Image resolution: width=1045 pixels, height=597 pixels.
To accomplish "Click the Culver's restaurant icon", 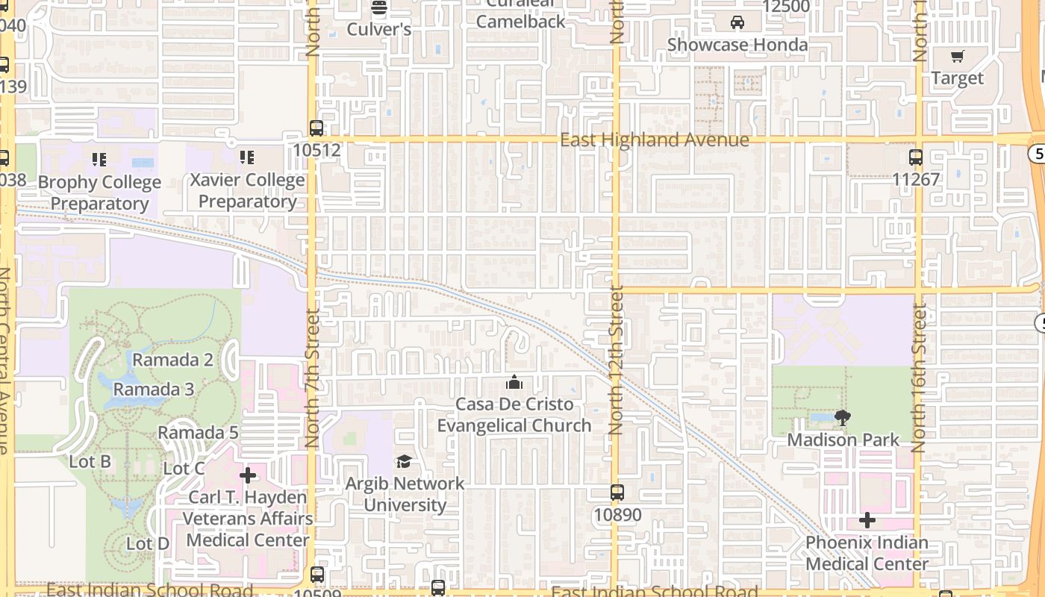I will click(x=379, y=7).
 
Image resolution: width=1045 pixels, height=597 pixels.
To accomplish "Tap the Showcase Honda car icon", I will click(x=737, y=22).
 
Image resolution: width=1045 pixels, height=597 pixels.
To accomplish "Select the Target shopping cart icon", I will click(x=958, y=56).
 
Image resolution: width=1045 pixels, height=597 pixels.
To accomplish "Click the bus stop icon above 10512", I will click(x=316, y=128).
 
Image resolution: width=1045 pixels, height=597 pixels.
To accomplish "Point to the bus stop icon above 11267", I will click(x=916, y=157).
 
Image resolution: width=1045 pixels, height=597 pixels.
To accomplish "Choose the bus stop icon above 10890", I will click(x=617, y=493).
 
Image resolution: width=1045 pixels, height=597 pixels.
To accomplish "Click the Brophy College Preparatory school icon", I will click(x=99, y=159).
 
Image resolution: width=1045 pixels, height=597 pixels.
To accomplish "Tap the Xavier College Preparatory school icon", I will click(x=247, y=157).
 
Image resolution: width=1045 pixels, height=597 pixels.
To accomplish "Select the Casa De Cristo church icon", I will click(x=514, y=383).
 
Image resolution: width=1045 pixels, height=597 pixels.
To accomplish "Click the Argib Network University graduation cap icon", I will click(x=404, y=461).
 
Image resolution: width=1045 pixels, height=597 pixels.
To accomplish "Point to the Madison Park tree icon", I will click(x=843, y=418).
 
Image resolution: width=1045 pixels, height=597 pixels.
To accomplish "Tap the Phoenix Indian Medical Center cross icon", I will click(x=867, y=520).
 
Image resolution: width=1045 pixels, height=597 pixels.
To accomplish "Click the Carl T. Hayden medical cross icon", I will click(x=248, y=475).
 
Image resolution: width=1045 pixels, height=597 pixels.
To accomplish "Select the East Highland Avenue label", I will click(x=655, y=140).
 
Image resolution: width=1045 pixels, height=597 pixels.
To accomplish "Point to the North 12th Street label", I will click(x=615, y=360).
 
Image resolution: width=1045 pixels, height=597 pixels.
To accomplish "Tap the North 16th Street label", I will click(x=919, y=378).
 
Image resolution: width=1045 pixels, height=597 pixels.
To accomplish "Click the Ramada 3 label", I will click(x=154, y=390).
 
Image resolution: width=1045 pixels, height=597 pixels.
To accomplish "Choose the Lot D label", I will click(x=148, y=543).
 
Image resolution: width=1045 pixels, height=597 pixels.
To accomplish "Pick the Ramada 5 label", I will click(x=198, y=433).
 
